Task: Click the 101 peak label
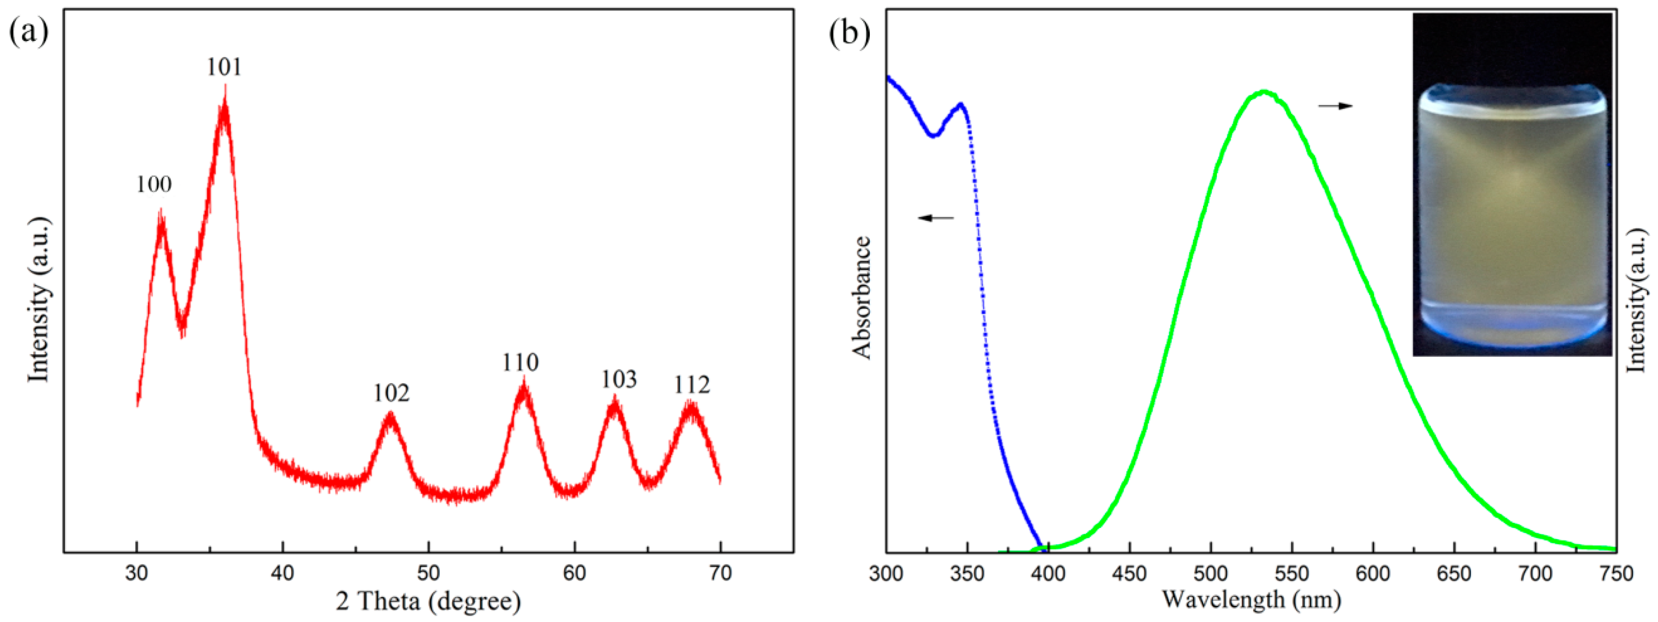point(224,67)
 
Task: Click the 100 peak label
point(154,185)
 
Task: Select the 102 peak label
point(391,393)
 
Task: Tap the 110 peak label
point(520,362)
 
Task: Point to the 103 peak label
point(619,380)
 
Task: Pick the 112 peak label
point(692,385)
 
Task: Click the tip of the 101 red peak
point(224,87)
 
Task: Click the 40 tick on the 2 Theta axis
point(283,572)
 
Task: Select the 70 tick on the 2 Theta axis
point(720,572)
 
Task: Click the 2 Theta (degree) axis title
point(429,601)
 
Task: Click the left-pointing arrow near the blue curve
point(935,218)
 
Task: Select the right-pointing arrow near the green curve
point(1335,106)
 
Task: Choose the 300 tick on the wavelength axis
point(886,572)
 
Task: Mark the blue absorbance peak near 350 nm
point(961,104)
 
